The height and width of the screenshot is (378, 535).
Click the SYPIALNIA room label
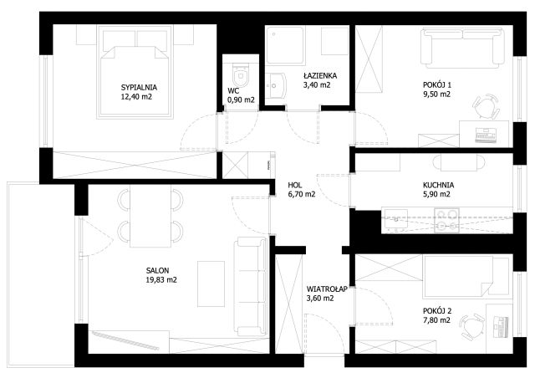pyautogui.click(x=139, y=88)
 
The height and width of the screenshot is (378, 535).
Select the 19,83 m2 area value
pyautogui.click(x=161, y=280)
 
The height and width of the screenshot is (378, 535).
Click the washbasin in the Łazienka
pyautogui.click(x=276, y=85)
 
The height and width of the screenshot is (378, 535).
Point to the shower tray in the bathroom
pyautogui.click(x=285, y=45)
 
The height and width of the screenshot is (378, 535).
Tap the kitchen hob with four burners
pyautogui.click(x=446, y=221)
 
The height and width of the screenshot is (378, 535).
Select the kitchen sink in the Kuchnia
pyautogui.click(x=396, y=219)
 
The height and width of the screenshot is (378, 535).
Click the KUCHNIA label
pyautogui.click(x=438, y=186)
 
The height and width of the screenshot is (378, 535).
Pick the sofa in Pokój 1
pyautogui.click(x=462, y=47)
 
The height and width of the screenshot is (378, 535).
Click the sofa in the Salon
pyautogui.click(x=251, y=286)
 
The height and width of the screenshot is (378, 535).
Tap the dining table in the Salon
pyautogui.click(x=150, y=216)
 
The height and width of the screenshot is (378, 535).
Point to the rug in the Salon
pyautogui.click(x=211, y=283)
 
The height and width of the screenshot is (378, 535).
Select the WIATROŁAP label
pyautogui.click(x=327, y=289)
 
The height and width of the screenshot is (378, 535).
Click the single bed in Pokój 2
pyautogui.click(x=466, y=277)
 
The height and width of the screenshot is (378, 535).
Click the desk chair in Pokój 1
pyautogui.click(x=486, y=106)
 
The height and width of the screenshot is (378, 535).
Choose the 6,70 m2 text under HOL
pyautogui.click(x=302, y=194)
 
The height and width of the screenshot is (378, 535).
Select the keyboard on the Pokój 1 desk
pyautogui.click(x=486, y=134)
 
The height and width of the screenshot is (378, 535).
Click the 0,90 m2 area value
pyautogui.click(x=241, y=100)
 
